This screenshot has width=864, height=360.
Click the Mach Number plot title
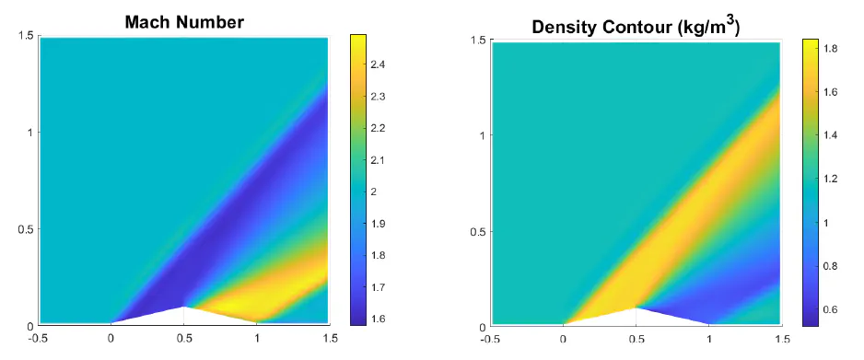pyautogui.click(x=184, y=21)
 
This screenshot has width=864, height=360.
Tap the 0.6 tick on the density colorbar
pyautogui.click(x=831, y=309)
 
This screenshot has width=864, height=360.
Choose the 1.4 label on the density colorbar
pyautogui.click(x=831, y=136)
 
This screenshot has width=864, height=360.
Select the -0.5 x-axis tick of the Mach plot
pyautogui.click(x=39, y=338)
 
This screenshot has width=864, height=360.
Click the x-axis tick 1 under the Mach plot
pyautogui.click(x=258, y=338)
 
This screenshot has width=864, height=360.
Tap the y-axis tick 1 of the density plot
pyautogui.click(x=482, y=136)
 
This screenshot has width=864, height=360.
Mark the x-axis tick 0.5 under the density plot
pyautogui.click(x=636, y=338)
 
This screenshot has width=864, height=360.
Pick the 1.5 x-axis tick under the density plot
pyautogui.click(x=780, y=338)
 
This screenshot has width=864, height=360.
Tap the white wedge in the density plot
pyautogui.click(x=636, y=316)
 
